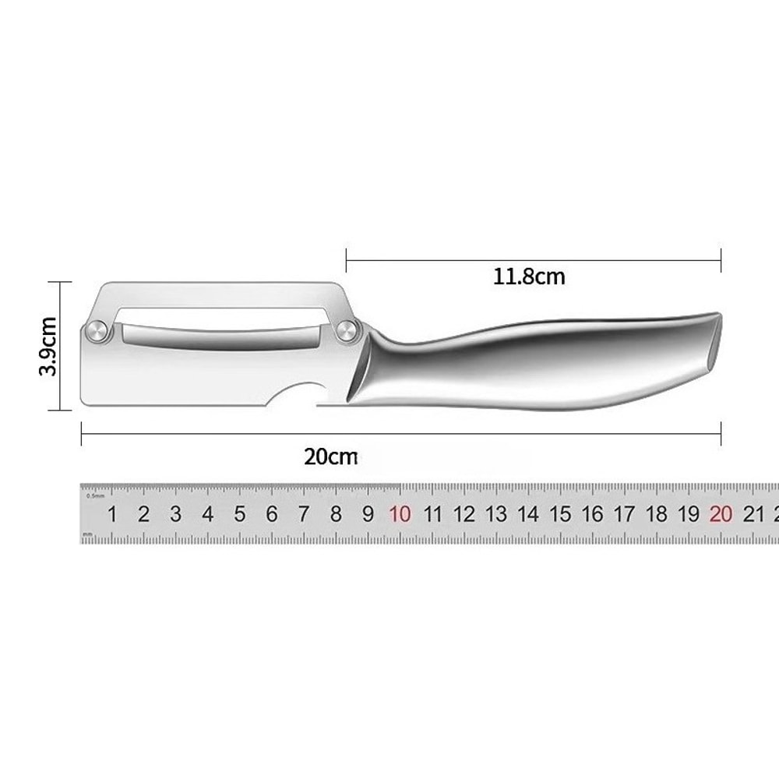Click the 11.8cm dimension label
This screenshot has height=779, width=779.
529,276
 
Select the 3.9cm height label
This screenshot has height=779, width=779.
49,346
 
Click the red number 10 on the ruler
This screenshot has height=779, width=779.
400,514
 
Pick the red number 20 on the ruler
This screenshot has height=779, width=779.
721,514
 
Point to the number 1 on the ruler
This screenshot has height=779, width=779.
112,514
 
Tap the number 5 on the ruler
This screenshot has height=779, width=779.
240,514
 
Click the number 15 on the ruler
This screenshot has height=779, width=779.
560,514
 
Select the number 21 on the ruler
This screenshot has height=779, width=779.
753,514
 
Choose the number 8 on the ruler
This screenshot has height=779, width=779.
336,514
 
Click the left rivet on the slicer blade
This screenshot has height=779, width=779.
97,331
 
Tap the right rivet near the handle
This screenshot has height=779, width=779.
346,333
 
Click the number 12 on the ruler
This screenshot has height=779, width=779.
464,514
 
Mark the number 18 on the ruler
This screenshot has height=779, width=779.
657,514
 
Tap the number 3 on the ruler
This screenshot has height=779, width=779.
176,514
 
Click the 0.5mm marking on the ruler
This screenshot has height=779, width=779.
96,495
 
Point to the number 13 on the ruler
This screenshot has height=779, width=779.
496,514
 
